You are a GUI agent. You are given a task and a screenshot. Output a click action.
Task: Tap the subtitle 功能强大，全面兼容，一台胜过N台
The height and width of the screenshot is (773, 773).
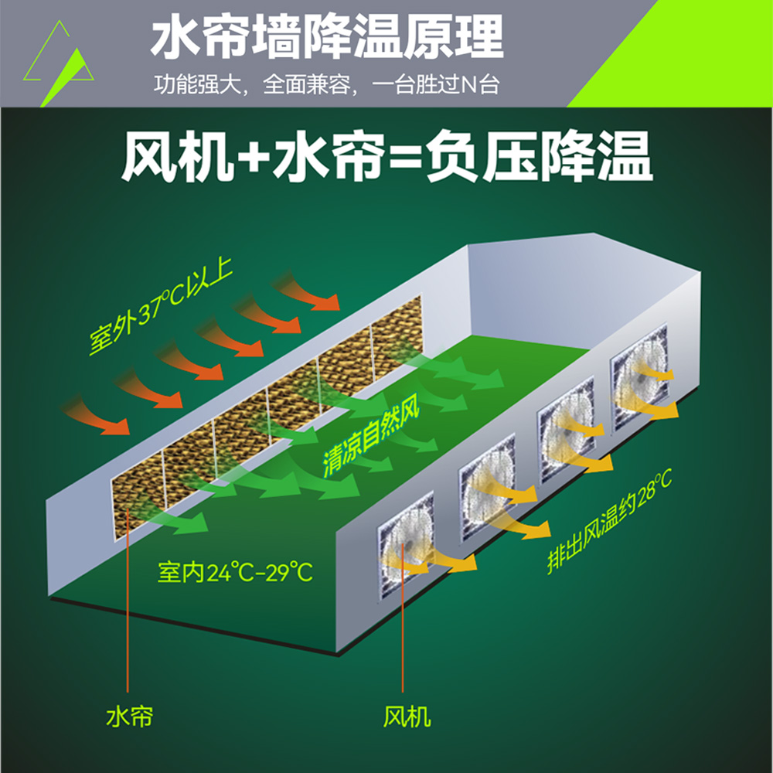pos(326,83)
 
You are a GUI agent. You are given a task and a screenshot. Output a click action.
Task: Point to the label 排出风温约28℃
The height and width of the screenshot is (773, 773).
pos(611,521)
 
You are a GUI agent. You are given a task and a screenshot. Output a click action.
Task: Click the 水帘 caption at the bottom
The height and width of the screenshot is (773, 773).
pos(129,717)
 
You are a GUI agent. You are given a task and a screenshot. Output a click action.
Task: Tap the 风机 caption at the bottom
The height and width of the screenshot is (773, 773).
pos(407,717)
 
